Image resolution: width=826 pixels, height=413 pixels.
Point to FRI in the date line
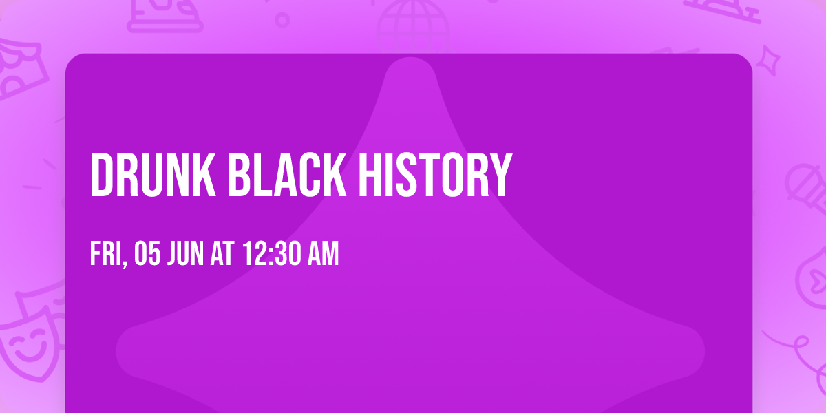(x=105, y=255)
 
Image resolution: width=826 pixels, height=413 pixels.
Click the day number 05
(x=148, y=255)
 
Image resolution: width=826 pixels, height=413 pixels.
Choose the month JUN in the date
(x=185, y=255)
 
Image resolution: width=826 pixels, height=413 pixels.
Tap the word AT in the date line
(x=222, y=255)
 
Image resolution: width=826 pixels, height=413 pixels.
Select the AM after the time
(x=323, y=255)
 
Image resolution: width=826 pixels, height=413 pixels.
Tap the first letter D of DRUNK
(x=102, y=176)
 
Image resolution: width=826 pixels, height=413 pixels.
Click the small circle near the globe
(x=282, y=19)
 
